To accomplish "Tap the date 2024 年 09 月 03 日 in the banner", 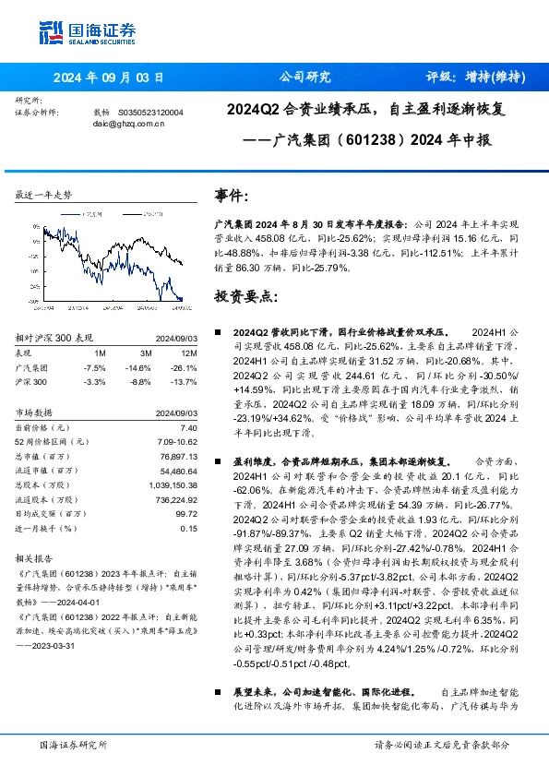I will [x=108, y=78].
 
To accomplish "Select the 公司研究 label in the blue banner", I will [x=304, y=78].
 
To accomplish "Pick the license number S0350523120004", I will [x=153, y=112].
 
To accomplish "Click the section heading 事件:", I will [x=232, y=196].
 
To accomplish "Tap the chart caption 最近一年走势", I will [x=43, y=196].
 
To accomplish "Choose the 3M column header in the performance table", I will [x=145, y=353].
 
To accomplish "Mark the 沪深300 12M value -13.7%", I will [x=185, y=380].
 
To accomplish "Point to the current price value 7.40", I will [x=189, y=428].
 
